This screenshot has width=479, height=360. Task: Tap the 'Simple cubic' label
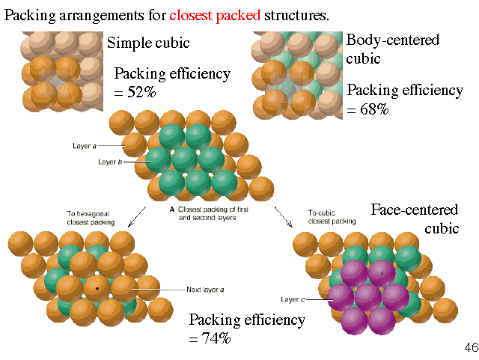pyautogui.click(x=148, y=43)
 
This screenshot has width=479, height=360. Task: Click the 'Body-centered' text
pyautogui.click(x=392, y=40)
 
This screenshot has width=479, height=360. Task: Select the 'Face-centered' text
pyautogui.click(x=415, y=210)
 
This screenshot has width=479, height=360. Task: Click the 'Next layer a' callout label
pyautogui.click(x=203, y=289)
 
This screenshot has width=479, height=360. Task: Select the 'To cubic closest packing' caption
pyautogui.click(x=329, y=218)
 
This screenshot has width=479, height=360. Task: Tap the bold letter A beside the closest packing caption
pyautogui.click(x=173, y=210)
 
